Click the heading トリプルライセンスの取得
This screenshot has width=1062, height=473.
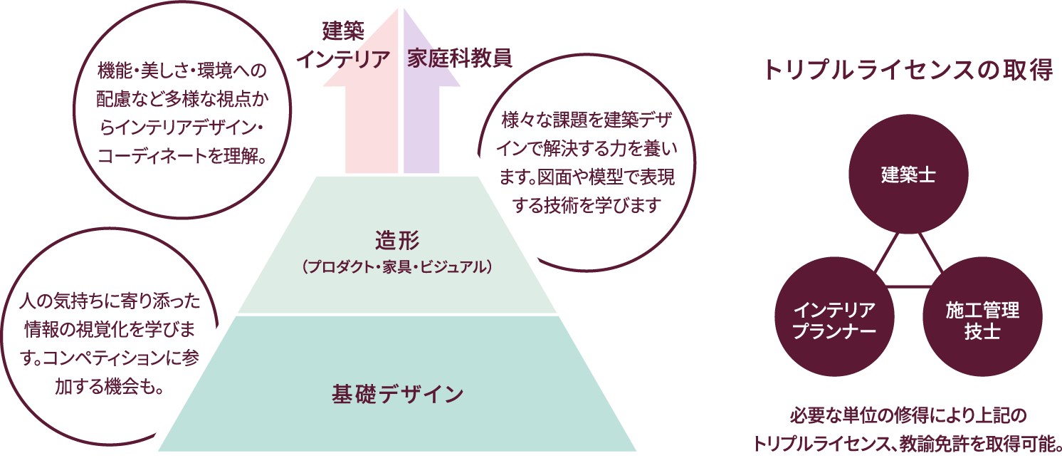tap(907, 71)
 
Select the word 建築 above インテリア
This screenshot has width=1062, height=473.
tap(343, 30)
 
